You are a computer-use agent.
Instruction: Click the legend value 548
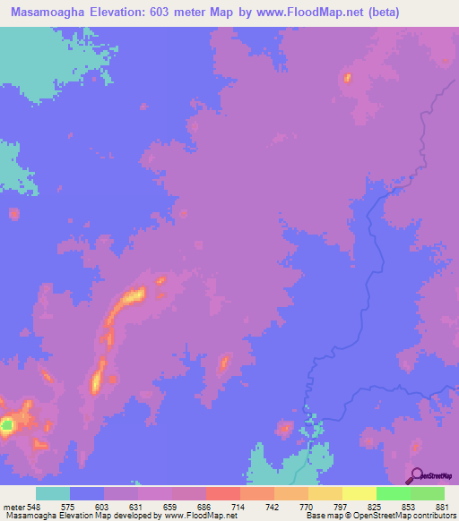tap(34, 506)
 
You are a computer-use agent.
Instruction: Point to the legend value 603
tap(104, 506)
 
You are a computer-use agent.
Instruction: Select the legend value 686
tap(206, 506)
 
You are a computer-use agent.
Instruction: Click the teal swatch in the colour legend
tap(53, 493)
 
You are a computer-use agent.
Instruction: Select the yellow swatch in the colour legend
tap(359, 493)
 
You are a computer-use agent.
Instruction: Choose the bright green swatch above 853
tap(393, 493)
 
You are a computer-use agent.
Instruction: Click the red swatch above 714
tap(222, 493)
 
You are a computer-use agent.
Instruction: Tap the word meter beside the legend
tap(12, 506)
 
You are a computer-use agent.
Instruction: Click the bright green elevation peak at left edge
tap(6, 425)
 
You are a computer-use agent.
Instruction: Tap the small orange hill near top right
tap(346, 79)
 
